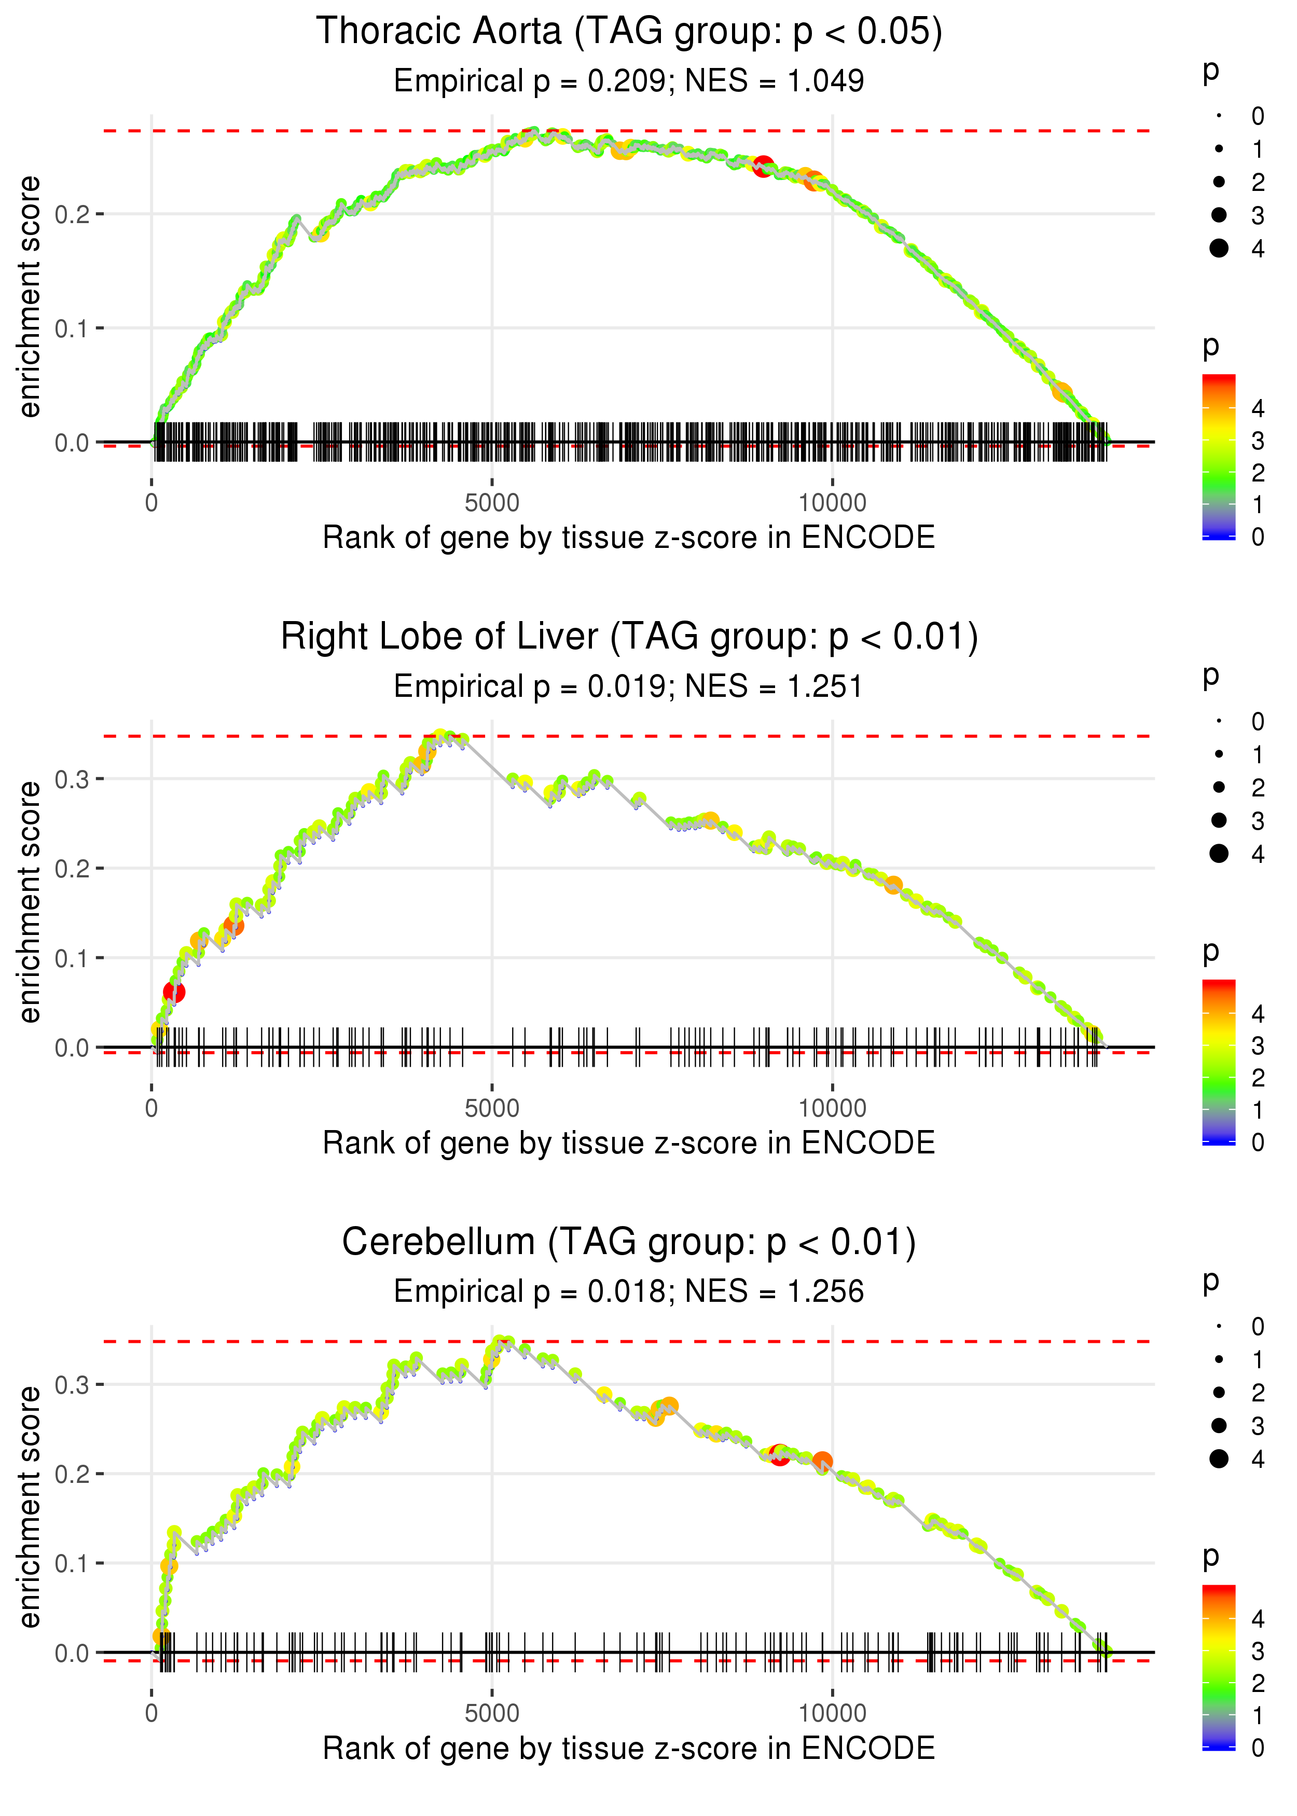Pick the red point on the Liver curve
pyautogui.click(x=174, y=992)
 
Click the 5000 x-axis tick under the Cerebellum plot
pyautogui.click(x=492, y=1712)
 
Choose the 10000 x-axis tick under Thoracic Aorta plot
pyautogui.click(x=832, y=503)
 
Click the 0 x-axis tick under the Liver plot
pyautogui.click(x=151, y=1108)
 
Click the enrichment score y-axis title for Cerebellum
pyautogui.click(x=30, y=1506)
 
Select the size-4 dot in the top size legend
pyautogui.click(x=1219, y=249)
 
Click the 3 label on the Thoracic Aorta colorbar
pyautogui.click(x=1258, y=441)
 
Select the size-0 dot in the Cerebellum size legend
pyautogui.click(x=1219, y=1327)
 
